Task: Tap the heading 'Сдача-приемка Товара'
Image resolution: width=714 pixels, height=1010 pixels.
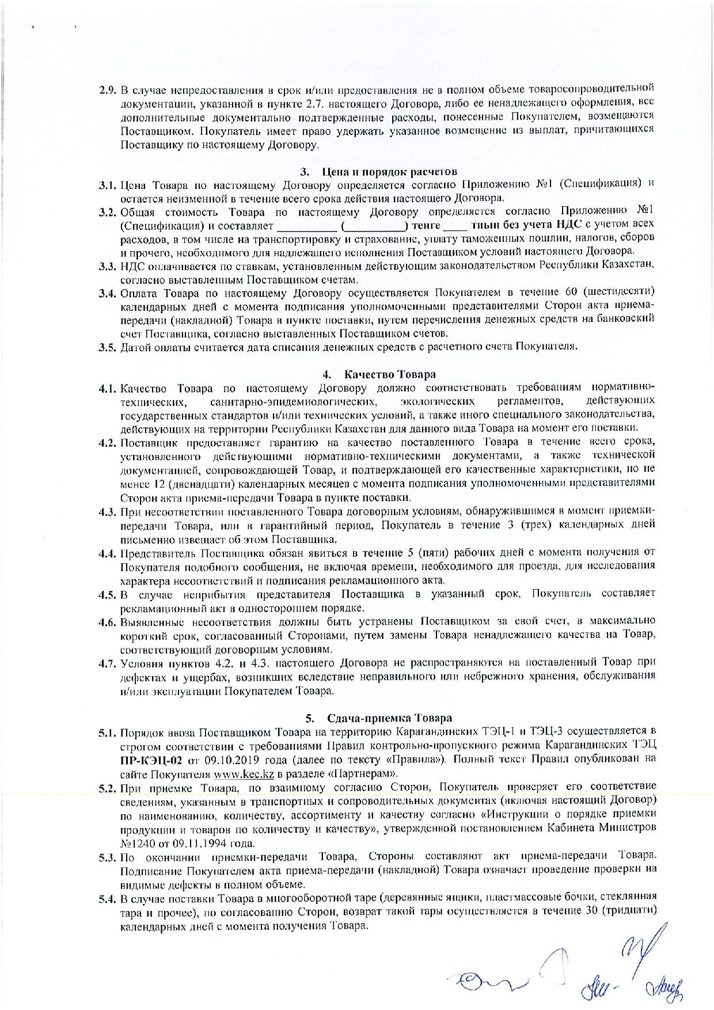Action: [x=389, y=718]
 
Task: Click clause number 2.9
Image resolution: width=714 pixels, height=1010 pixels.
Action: [x=107, y=90]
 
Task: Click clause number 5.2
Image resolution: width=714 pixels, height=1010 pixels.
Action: [x=107, y=787]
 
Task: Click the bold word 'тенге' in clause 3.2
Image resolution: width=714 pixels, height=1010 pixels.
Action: [x=427, y=225]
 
